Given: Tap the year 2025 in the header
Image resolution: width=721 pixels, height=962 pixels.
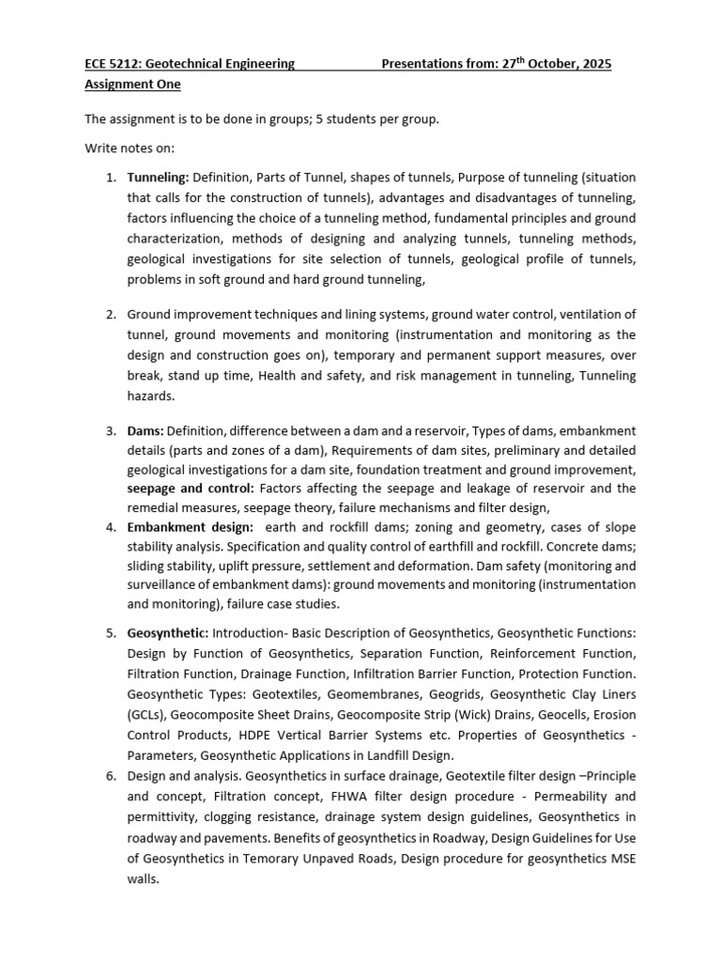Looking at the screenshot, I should [594, 64].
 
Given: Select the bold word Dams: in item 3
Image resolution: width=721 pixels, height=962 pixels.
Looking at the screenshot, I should [146, 430].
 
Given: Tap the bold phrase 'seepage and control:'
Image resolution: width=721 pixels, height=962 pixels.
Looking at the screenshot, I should [191, 489].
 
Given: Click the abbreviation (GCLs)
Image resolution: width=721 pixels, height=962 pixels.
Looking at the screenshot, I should [148, 715].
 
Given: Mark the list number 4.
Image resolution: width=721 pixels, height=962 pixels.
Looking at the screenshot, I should [109, 528].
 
